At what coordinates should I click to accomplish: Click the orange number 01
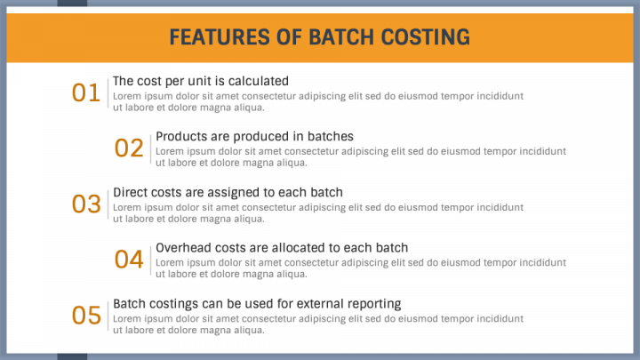click(85, 92)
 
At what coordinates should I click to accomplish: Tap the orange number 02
click(129, 148)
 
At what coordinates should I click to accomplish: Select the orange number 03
click(86, 204)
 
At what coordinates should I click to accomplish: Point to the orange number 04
click(129, 260)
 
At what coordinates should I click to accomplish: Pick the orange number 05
click(86, 315)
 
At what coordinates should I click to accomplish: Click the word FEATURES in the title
click(220, 37)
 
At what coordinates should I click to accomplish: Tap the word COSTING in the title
click(425, 37)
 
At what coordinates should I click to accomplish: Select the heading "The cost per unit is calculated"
click(201, 81)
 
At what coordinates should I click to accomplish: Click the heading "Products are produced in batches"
click(255, 136)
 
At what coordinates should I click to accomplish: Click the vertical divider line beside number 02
click(150, 149)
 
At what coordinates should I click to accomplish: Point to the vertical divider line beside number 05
click(108, 316)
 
